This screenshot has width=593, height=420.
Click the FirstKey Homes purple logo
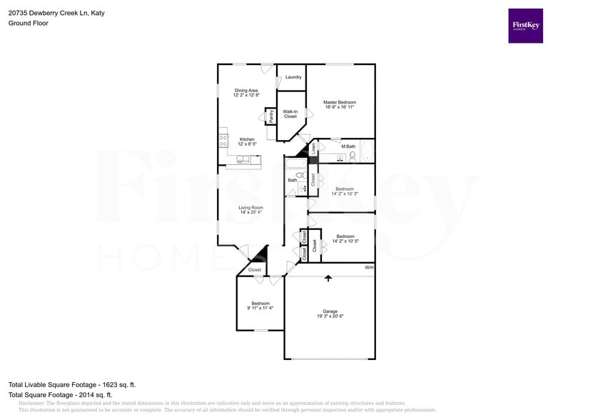pyautogui.click(x=525, y=26)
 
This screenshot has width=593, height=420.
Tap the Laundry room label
pyautogui.click(x=293, y=77)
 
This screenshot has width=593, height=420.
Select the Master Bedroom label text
pyautogui.click(x=340, y=102)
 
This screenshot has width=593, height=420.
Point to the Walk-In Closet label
pyautogui.click(x=290, y=114)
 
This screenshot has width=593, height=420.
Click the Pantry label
pyautogui.click(x=271, y=116)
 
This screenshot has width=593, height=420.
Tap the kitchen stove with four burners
pyautogui.click(x=223, y=140)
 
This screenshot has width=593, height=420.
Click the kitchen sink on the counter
pyautogui.click(x=244, y=159)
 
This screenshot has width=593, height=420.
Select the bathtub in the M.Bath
pyautogui.click(x=367, y=151)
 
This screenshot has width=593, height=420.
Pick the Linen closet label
pyautogui.click(x=313, y=149)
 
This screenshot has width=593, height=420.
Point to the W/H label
pyautogui.click(x=369, y=267)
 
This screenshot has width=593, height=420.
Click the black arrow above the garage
pyautogui.click(x=328, y=278)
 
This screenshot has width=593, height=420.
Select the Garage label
pyautogui.click(x=330, y=311)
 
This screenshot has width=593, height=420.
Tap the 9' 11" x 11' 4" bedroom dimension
pyautogui.click(x=260, y=308)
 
